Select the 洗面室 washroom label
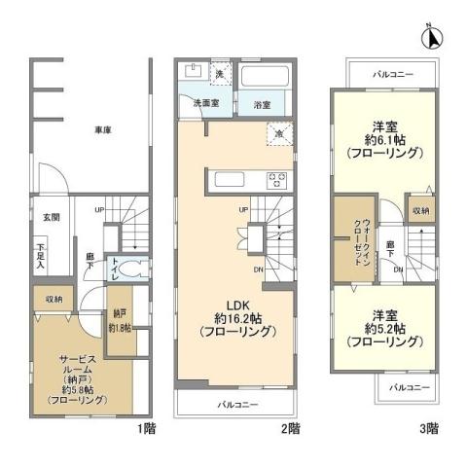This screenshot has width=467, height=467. [202, 102]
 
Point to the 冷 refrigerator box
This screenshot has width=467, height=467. [279, 135]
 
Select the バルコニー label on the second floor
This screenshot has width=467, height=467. [236, 402]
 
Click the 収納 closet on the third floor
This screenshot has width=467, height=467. [418, 209]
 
